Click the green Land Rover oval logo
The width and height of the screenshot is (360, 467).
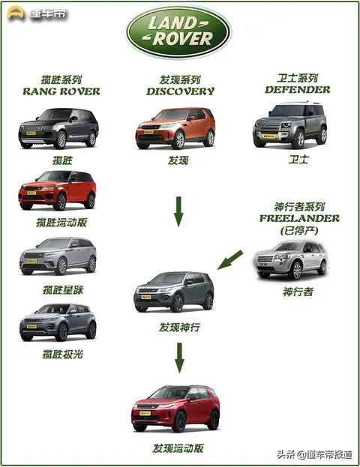tap(178, 32)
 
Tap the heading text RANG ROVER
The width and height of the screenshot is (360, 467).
tap(61, 91)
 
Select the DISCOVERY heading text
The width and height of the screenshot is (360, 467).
tap(180, 91)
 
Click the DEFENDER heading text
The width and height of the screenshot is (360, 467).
tap(298, 90)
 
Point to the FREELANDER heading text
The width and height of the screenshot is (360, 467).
tap(299, 218)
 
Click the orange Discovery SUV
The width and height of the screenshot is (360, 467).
tap(175, 128)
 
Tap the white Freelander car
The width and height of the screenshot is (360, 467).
tap(291, 260)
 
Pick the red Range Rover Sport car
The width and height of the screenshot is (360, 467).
tap(58, 190)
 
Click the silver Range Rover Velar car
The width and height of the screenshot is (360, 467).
tap(58, 256)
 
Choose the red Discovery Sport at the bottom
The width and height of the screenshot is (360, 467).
tap(175, 409)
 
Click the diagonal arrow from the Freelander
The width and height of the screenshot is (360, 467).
tap(229, 259)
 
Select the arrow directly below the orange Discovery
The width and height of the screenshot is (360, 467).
tap(178, 211)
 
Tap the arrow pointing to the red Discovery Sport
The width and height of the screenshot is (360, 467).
tap(179, 358)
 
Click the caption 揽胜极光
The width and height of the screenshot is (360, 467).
tap(62, 355)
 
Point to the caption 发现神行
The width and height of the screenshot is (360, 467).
tap(179, 328)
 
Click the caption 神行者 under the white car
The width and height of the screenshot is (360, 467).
tap(298, 292)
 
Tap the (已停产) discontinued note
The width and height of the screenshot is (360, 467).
tap(299, 231)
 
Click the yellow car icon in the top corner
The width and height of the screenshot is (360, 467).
tap(16, 13)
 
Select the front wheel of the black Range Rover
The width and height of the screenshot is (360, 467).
tap(61, 140)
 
